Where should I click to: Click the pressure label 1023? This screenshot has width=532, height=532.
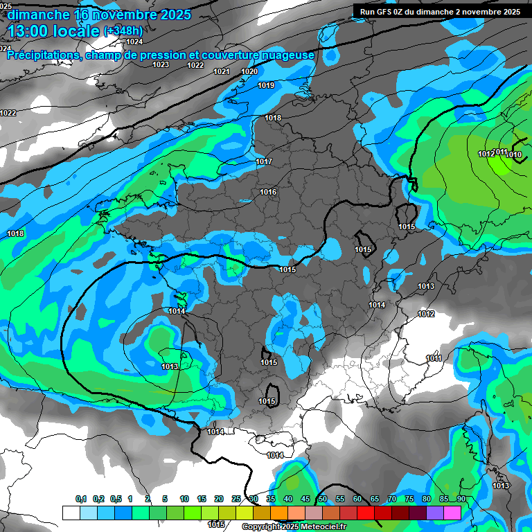pyautogui.click(x=161, y=64)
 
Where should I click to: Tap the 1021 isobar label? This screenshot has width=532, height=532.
pyautogui.click(x=222, y=71)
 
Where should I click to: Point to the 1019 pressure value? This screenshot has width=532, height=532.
pyautogui.click(x=266, y=85)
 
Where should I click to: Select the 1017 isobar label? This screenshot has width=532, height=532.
pyautogui.click(x=264, y=161)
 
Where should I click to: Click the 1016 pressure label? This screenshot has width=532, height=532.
pyautogui.click(x=268, y=192)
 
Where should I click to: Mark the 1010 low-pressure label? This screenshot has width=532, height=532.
pyautogui.click(x=514, y=154)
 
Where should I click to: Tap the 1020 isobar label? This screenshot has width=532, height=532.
pyautogui.click(x=249, y=71)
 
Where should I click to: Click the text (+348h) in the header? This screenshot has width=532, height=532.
pyautogui.click(x=123, y=30)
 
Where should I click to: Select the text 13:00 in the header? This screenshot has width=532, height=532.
pyautogui.click(x=34, y=30)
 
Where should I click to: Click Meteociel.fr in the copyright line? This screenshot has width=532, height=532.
pyautogui.click(x=319, y=526)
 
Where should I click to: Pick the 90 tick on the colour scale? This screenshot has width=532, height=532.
pyautogui.click(x=460, y=499)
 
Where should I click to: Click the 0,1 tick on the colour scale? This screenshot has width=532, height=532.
pyautogui.click(x=80, y=499)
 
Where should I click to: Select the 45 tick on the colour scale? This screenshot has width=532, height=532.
pyautogui.click(x=305, y=499)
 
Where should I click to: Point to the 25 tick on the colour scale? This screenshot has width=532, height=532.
pyautogui.click(x=236, y=499)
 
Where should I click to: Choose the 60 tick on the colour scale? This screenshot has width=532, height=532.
pyautogui.click(x=357, y=499)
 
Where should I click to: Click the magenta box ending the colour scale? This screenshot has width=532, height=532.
pyautogui.click(x=452, y=513)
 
